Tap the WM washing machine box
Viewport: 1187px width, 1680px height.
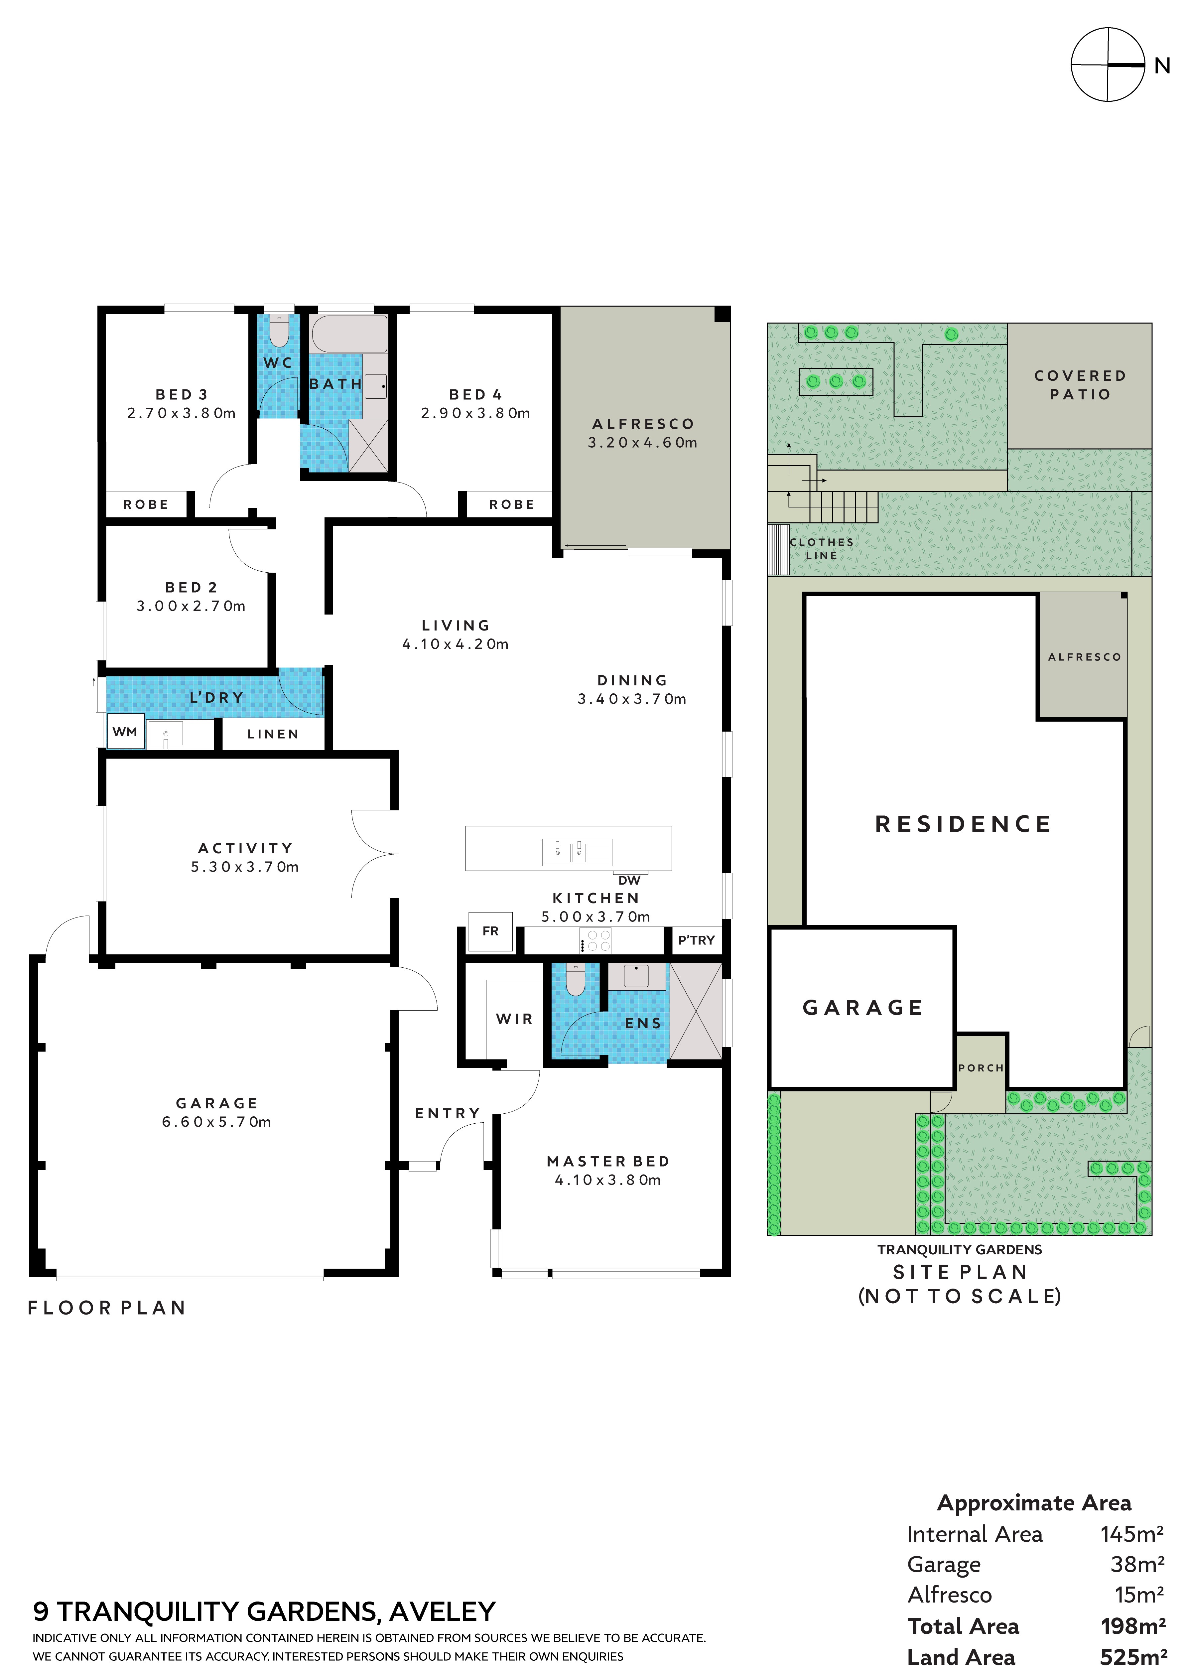point(125,732)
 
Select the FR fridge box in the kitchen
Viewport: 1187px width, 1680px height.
point(490,931)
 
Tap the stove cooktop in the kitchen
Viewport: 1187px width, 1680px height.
point(595,940)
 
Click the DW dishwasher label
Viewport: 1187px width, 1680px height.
point(629,880)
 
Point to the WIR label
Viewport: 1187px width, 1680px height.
point(514,1019)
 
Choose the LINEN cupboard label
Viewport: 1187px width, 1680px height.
point(273,734)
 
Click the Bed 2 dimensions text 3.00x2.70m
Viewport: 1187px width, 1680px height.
point(191,606)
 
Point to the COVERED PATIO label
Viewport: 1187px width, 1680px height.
point(1080,385)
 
